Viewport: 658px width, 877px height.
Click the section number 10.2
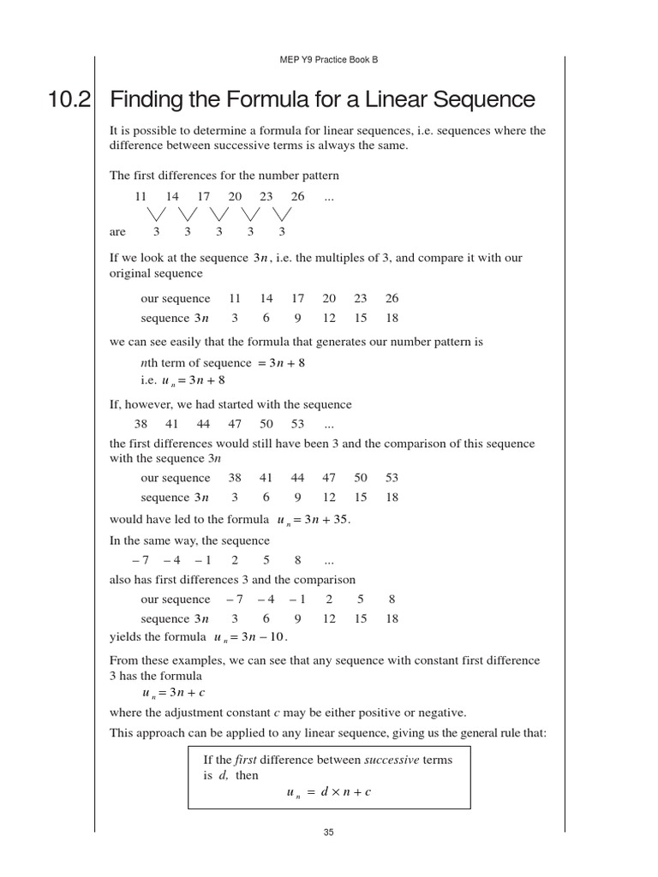point(69,100)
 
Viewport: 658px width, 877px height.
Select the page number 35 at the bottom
point(329,832)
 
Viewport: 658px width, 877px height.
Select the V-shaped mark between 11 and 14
point(157,213)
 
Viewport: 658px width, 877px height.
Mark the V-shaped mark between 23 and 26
point(282,213)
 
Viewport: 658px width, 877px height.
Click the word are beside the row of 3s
point(117,231)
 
